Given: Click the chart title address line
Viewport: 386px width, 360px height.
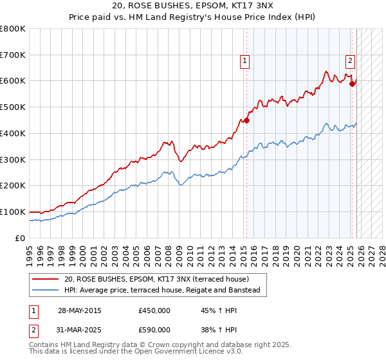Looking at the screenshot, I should click(192, 6).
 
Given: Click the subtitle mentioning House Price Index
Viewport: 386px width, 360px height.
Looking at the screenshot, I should click(192, 17).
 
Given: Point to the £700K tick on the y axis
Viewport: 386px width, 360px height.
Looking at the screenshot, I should click(13, 55).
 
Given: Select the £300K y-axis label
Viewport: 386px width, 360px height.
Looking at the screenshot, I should click(13, 159).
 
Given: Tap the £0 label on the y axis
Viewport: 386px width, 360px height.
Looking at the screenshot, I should click(19, 238).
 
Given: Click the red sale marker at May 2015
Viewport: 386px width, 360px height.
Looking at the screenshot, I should click(246, 120).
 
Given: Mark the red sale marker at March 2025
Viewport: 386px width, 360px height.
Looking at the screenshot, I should click(352, 83).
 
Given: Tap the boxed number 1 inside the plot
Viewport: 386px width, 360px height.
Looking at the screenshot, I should click(245, 62).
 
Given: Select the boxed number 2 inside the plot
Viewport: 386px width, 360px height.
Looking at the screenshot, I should click(350, 62).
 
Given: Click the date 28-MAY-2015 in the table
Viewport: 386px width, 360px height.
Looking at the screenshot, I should click(79, 310).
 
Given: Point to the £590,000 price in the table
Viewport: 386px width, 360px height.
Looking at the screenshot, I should click(154, 329).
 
